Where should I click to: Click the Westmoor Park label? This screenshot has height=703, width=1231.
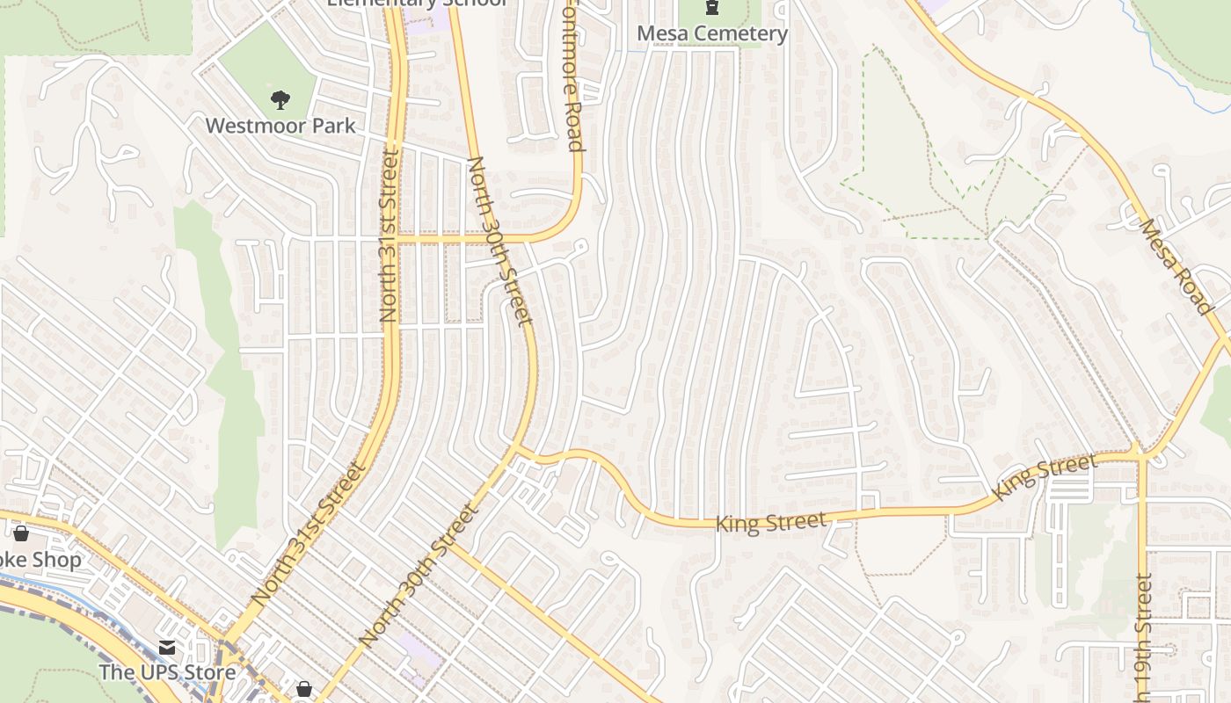coord(280,126)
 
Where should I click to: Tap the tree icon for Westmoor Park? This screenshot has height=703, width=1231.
coord(280,99)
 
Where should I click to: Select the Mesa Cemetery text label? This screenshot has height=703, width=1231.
coord(711,33)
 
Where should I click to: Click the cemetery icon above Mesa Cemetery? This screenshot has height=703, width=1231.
coord(711,8)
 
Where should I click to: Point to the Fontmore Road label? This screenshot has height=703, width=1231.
coord(572,79)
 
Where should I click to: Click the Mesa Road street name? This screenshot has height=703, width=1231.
coord(1176,265)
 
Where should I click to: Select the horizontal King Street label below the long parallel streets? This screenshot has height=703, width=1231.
coord(770,523)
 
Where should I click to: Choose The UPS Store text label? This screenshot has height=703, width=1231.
coord(166,672)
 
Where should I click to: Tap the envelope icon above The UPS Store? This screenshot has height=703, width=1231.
coord(166,649)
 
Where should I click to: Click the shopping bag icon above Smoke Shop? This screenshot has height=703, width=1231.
coord(21,533)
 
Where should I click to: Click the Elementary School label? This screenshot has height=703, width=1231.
coord(417,3)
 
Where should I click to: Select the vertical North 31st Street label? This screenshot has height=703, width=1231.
coord(388,236)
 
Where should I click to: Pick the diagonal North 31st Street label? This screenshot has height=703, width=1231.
coord(309,533)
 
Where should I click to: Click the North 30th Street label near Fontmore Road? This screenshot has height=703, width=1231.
coord(500,240)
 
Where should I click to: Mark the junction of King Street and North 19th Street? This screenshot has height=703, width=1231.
coord(1141,455)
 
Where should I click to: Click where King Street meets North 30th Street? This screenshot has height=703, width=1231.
coord(517,450)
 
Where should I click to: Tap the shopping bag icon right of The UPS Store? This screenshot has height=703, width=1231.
coord(303,689)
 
